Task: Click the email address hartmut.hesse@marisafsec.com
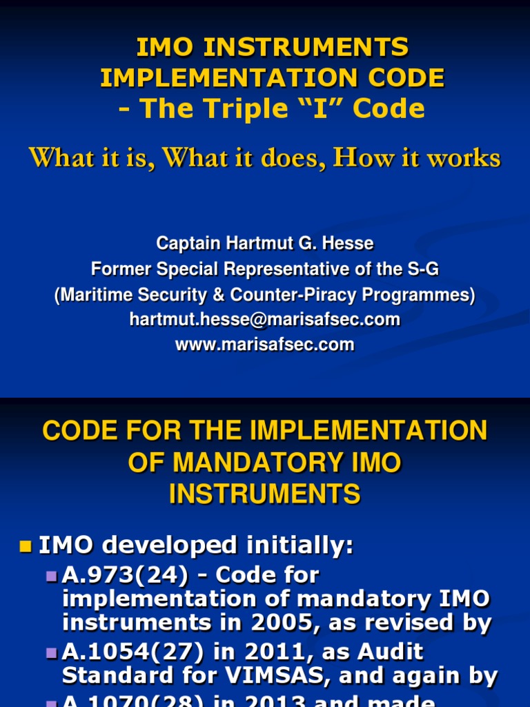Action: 265,320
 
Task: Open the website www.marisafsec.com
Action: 265,345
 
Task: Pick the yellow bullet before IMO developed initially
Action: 26,547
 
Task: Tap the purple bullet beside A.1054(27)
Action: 52,652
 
